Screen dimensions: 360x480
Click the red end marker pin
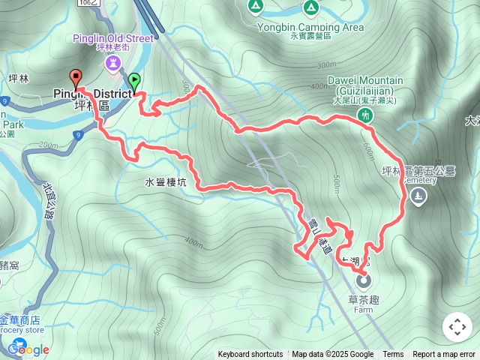pos(75,76)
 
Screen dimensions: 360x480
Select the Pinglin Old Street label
pos(114,38)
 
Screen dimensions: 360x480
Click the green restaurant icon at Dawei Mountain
pos(366,115)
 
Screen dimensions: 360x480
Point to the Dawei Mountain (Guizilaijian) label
pos(365,85)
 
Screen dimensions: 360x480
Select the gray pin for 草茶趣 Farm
pos(364,283)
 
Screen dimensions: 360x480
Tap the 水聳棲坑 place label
pos(166,182)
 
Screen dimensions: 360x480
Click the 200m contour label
pos(46,145)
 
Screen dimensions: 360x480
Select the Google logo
pos(28,349)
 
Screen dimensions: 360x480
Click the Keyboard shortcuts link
pos(250,355)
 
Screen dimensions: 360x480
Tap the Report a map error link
pos(445,355)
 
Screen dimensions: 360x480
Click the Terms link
pos(393,355)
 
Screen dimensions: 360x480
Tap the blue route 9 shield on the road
pos(78,135)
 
